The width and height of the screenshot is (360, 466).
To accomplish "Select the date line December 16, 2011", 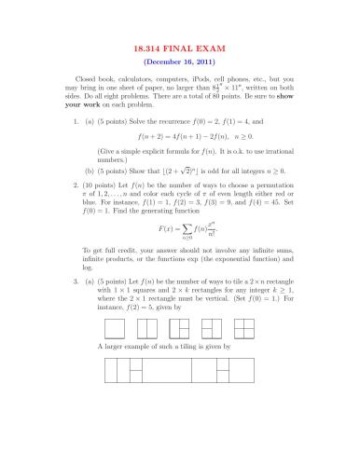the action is click(x=179, y=59).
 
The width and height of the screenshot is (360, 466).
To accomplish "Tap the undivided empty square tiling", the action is click(x=115, y=328).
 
